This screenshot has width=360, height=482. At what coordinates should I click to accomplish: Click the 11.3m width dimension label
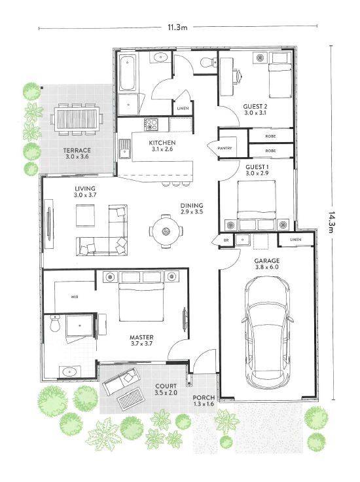click(x=177, y=28)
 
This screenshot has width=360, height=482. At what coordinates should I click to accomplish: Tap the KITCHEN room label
click(x=161, y=143)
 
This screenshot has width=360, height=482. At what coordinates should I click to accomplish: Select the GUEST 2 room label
click(x=255, y=106)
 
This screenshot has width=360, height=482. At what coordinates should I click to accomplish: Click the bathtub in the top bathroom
click(x=127, y=74)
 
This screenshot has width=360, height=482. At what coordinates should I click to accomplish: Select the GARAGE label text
click(x=267, y=261)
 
